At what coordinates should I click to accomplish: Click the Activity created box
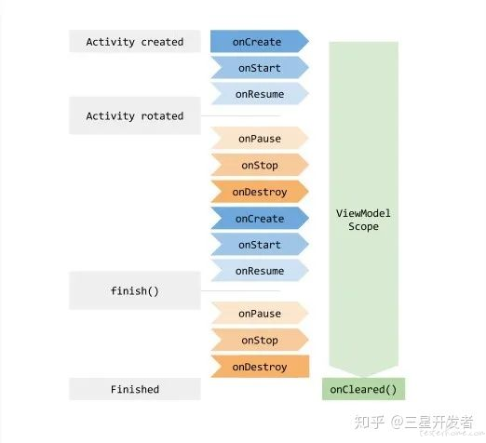pyautogui.click(x=135, y=41)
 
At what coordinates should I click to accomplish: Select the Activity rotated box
pyautogui.click(x=135, y=115)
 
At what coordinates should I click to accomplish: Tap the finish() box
pyautogui.click(x=135, y=290)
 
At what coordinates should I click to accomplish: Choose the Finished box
pyautogui.click(x=135, y=389)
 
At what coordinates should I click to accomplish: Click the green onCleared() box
pyautogui.click(x=363, y=389)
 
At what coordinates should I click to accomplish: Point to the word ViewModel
pyautogui.click(x=363, y=213)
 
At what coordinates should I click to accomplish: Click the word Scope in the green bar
pyautogui.click(x=363, y=226)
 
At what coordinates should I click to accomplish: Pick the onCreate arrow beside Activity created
pyautogui.click(x=260, y=41)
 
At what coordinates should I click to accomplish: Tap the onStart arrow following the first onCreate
pyautogui.click(x=260, y=68)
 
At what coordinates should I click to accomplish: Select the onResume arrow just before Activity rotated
pyautogui.click(x=260, y=94)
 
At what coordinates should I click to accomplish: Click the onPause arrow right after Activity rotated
pyautogui.click(x=260, y=139)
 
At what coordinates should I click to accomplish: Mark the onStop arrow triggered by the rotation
pyautogui.click(x=260, y=165)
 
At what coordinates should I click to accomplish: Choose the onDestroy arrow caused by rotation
pyautogui.click(x=260, y=192)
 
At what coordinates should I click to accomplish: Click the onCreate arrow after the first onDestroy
pyautogui.click(x=260, y=219)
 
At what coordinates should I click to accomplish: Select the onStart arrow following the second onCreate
pyautogui.click(x=260, y=245)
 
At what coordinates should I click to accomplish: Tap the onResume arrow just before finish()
pyautogui.click(x=260, y=271)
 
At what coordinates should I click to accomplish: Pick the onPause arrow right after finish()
pyautogui.click(x=260, y=314)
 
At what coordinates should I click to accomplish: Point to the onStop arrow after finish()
pyautogui.click(x=260, y=340)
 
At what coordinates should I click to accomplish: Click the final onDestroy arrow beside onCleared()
pyautogui.click(x=260, y=367)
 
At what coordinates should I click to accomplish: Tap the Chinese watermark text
pyautogui.click(x=414, y=423)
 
